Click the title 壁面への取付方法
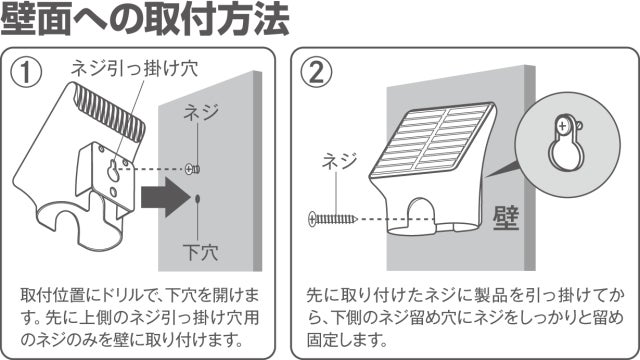tap(145, 19)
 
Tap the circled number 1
tap(27, 72)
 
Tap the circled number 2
tap(316, 72)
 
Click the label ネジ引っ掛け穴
tap(134, 68)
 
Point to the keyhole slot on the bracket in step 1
tap(114, 171)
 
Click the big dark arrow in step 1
tap(166, 198)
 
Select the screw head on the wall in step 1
tap(192, 169)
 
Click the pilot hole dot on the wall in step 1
tap(198, 199)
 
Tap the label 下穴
tap(200, 252)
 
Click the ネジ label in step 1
tap(201, 112)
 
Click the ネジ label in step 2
tap(340, 161)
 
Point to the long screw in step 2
tap(333, 219)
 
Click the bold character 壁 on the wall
tap(506, 218)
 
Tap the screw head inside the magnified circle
tap(562, 126)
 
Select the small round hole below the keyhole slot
tap(113, 191)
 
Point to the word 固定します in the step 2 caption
tap(347, 340)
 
